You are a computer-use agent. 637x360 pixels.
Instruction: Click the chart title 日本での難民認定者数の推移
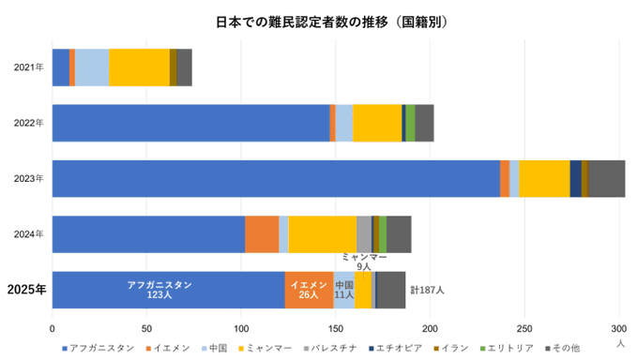319,21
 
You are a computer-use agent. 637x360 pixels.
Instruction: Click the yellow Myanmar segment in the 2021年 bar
139,67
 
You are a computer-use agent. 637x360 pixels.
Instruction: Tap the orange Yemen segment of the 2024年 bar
262,233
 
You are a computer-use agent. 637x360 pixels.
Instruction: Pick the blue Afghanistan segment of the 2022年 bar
190,123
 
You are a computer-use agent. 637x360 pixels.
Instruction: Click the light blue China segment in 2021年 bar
92,67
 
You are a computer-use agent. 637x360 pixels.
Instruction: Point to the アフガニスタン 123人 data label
159,289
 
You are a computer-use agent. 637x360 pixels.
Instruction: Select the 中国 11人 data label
344,289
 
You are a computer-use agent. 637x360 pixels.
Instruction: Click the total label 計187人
427,290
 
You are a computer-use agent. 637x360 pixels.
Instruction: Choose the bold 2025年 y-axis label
26,290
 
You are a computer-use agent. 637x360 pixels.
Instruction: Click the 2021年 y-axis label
28,67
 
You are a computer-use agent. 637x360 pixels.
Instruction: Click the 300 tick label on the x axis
619,329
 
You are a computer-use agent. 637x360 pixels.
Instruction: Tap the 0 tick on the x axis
52,329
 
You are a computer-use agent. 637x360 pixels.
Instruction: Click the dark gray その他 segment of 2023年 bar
607,178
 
